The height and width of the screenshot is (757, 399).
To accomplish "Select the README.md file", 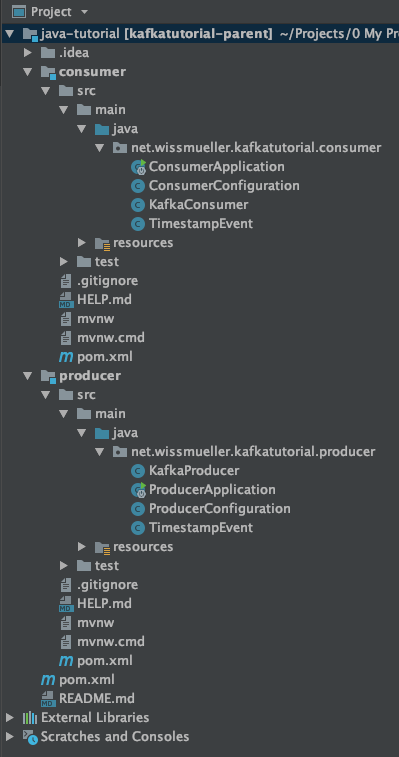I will pos(90,699).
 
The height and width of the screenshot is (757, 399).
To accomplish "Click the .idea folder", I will pos(74,53).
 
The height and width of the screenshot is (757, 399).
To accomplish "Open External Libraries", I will pos(94,718).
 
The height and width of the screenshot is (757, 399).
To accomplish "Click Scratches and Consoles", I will pos(114,737).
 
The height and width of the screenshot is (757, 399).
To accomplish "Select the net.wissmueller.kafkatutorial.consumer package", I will pos(255,148).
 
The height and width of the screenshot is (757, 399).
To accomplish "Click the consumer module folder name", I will pos(92,72).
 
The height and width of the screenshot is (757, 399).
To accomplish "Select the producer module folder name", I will pos(90,376).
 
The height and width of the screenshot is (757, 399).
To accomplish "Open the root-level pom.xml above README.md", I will pos(80,680).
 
